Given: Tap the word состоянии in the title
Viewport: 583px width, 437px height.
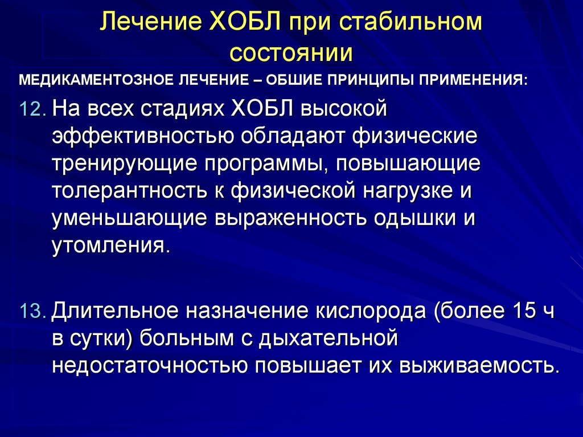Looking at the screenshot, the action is point(291,53).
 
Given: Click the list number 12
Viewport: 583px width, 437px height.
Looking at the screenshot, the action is point(32,109).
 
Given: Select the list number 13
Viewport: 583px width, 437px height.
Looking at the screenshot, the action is point(32,311).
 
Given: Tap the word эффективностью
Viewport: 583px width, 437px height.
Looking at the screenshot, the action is point(143,136).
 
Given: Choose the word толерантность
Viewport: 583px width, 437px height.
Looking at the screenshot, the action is point(129,190).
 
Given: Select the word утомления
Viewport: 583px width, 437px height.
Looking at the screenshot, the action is point(111,246).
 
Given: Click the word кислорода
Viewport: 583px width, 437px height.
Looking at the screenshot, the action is point(371,311).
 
